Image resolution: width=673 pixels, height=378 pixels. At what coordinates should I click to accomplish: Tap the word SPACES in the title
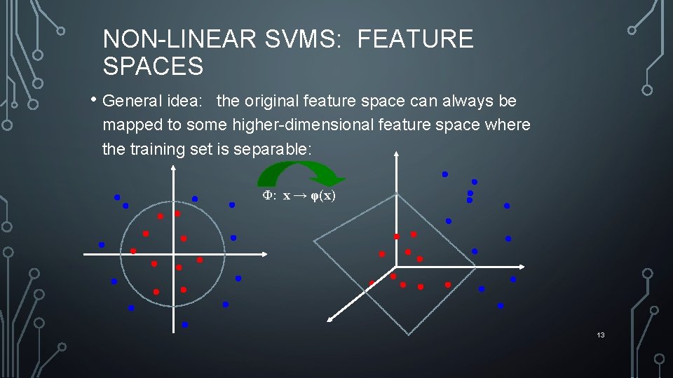click(153, 66)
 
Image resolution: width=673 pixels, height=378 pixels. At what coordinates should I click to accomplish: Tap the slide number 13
click(601, 335)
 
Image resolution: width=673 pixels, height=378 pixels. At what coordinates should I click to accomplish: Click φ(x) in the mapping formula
click(322, 196)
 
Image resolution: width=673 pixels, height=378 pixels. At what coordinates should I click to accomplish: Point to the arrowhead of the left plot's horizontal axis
click(266, 254)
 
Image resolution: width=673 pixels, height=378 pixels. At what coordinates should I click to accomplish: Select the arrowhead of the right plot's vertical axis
click(396, 154)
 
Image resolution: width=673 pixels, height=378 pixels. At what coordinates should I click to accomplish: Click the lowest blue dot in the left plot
click(184, 325)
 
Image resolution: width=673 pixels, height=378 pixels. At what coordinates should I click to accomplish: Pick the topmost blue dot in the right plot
click(444, 174)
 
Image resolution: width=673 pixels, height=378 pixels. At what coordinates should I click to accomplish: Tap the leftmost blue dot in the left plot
click(102, 245)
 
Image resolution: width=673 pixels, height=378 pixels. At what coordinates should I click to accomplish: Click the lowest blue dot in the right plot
click(500, 306)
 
